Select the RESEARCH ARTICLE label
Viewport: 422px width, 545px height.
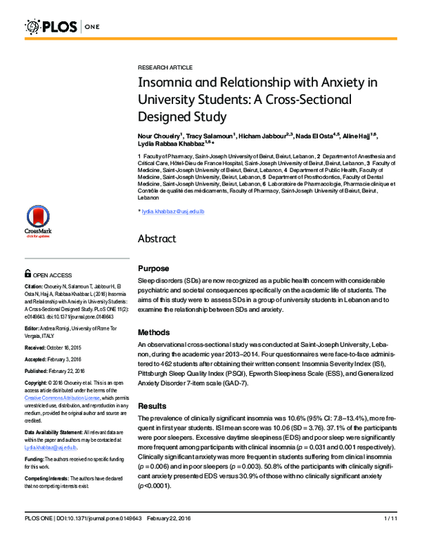coord(165,67)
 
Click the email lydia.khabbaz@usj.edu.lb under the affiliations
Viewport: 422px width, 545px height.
coord(172,211)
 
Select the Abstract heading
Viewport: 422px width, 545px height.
coord(157,239)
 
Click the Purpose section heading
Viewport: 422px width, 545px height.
coord(153,268)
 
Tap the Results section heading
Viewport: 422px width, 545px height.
coord(152,406)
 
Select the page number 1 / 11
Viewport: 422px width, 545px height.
coord(391,537)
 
